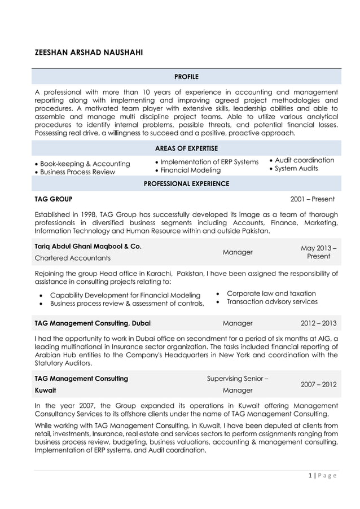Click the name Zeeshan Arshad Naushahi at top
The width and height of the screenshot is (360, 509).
click(89, 52)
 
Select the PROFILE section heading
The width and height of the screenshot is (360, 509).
click(186, 76)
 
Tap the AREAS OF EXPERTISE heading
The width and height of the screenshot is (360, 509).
click(186, 148)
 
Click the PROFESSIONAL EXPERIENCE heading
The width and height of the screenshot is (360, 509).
click(186, 183)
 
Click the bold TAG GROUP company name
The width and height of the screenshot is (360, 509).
click(54, 199)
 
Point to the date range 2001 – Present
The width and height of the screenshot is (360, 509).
click(312, 199)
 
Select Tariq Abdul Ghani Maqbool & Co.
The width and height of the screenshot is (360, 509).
click(88, 246)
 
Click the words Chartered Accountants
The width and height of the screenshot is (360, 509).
click(73, 258)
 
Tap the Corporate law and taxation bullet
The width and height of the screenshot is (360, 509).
click(271, 293)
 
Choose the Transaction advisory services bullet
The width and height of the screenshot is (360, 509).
click(272, 302)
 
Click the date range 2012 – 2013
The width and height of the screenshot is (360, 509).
click(318, 323)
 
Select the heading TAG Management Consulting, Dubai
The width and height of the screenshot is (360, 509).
click(93, 323)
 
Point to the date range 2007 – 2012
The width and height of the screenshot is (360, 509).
click(318, 384)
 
